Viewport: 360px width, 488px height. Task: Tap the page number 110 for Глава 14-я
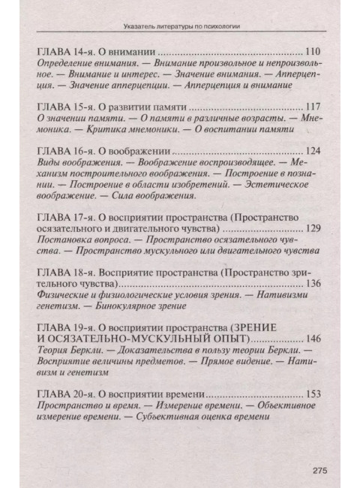[313, 53]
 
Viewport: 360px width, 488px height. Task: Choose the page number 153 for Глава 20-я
[313, 393]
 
